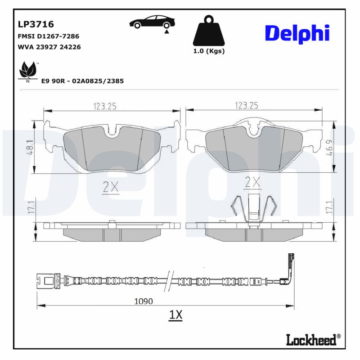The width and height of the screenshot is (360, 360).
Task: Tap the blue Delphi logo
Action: tap(297, 34)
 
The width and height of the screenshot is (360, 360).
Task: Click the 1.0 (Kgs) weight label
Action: tap(209, 51)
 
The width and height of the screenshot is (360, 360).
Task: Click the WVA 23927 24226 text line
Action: tap(49, 47)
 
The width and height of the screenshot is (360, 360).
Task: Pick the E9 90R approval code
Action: tap(82, 81)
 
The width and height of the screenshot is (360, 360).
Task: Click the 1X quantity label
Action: tap(175, 315)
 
